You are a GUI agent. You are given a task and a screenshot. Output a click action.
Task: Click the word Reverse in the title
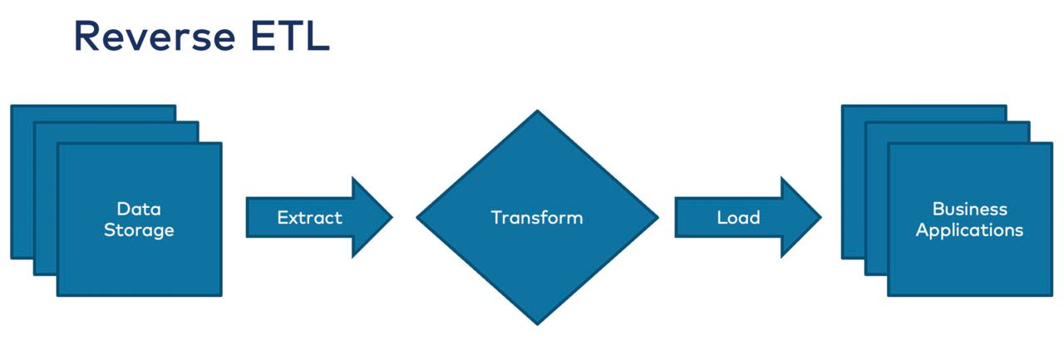[x=155, y=36]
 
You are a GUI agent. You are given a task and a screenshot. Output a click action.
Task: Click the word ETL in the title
[x=290, y=36]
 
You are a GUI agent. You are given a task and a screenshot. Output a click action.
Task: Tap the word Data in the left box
[x=139, y=209]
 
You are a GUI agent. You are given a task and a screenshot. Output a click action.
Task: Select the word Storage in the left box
[x=139, y=230]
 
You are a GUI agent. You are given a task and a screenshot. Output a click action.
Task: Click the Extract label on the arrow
[x=310, y=218]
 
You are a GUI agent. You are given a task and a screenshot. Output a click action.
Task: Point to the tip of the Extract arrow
[x=393, y=217]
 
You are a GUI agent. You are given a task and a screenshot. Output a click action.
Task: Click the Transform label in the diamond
[x=537, y=218]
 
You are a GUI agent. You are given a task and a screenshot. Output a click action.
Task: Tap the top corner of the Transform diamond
[x=537, y=111]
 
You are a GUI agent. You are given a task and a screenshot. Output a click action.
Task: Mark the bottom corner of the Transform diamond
[x=537, y=325]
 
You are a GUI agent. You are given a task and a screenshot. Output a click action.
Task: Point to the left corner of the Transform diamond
[x=416, y=218]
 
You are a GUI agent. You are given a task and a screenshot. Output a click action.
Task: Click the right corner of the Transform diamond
[x=658, y=218]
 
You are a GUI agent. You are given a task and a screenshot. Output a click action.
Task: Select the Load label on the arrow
[x=739, y=218]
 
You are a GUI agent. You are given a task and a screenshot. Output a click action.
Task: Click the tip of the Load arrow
[x=821, y=217]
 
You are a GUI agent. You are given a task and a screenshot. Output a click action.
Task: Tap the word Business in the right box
[x=969, y=209]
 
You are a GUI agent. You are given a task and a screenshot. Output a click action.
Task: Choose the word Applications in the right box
[x=969, y=230]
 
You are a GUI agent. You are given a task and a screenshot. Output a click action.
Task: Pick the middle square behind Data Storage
[x=45, y=199]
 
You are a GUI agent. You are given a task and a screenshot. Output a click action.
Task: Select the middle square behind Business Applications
[x=876, y=199]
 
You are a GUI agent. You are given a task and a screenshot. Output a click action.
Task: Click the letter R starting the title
[x=87, y=36]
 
